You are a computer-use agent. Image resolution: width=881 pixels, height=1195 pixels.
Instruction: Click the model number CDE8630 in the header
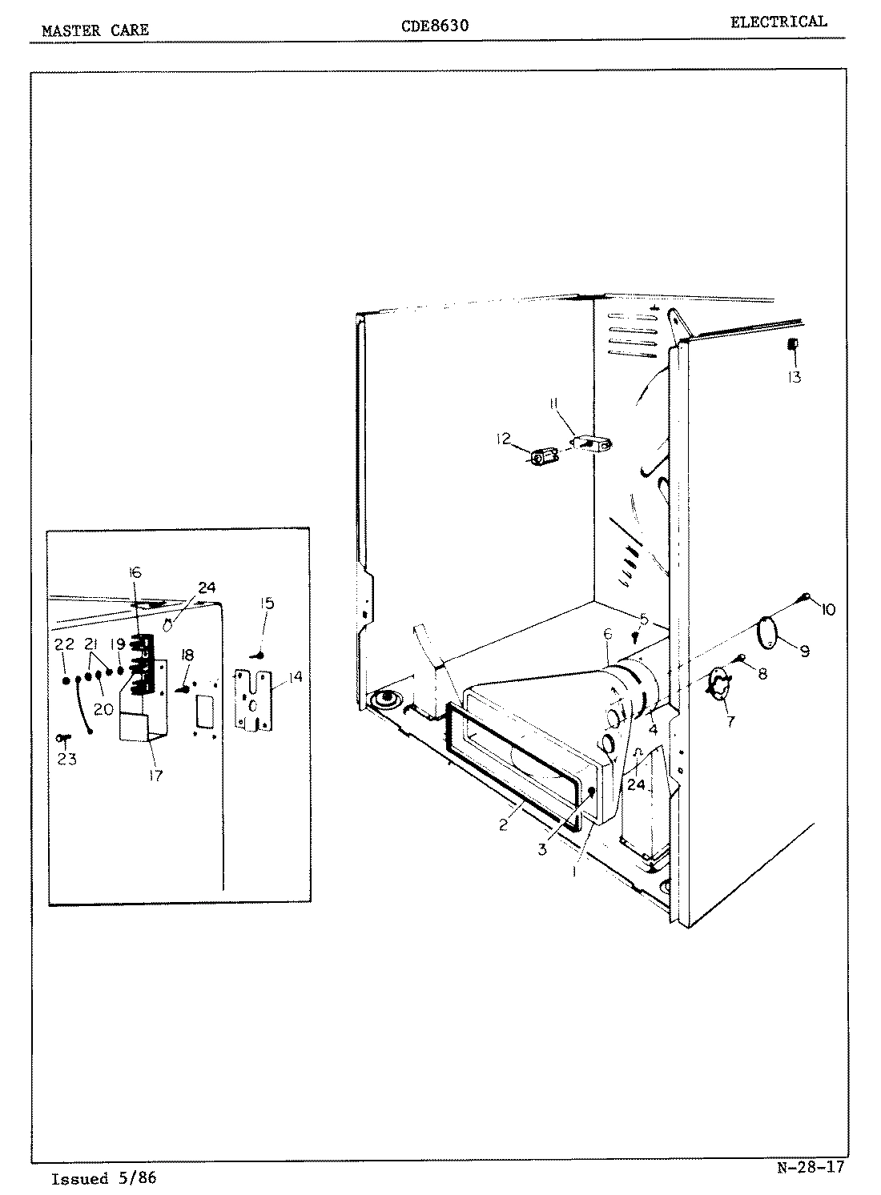coord(434,26)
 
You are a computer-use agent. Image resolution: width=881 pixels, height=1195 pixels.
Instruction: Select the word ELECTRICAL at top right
coord(778,22)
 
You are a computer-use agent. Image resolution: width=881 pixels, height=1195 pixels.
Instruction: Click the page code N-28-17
coord(810,1167)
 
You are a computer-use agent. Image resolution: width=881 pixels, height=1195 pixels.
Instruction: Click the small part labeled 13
coord(792,344)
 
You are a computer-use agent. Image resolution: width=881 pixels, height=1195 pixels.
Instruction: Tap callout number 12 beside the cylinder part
coord(503,439)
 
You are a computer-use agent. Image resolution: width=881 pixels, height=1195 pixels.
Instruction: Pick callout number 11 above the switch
coord(553,406)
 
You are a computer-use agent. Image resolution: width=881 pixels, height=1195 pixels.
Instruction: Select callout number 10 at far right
coord(827,610)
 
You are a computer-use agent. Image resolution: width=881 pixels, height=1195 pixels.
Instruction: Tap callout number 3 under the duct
coord(542,850)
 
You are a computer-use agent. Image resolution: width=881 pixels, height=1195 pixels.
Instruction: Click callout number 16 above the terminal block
coord(135,572)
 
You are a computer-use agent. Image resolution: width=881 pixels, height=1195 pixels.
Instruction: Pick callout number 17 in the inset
coord(155,775)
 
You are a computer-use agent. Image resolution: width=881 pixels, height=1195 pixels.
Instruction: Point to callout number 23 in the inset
coord(66,759)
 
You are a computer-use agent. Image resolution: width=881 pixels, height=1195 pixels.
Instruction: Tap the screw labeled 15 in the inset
coord(260,655)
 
